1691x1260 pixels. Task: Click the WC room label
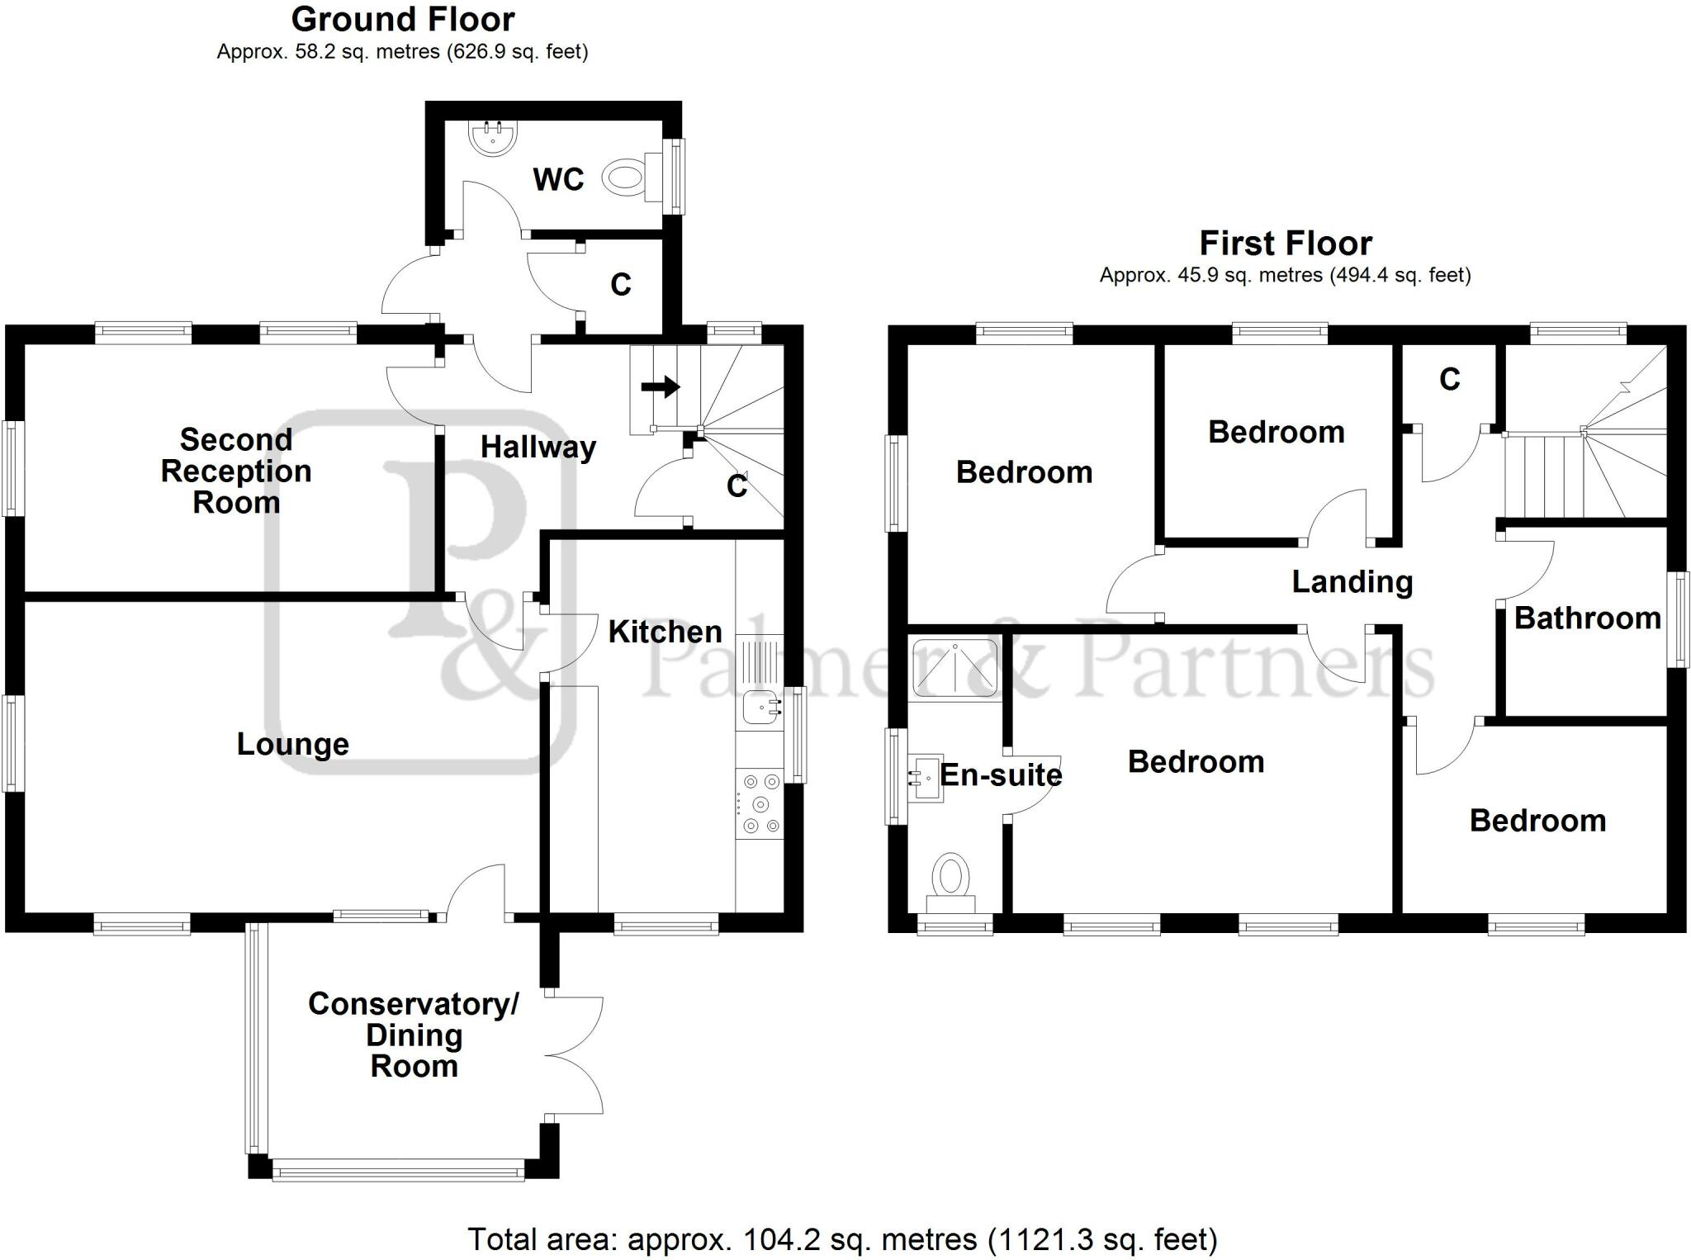(x=558, y=179)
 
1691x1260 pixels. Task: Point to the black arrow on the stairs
(x=661, y=386)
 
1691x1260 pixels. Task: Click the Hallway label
(x=538, y=448)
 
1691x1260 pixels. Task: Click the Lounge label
(x=293, y=744)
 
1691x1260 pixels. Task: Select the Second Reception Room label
(x=236, y=471)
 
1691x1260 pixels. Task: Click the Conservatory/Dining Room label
(x=414, y=1035)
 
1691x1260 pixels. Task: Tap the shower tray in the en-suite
(x=954, y=666)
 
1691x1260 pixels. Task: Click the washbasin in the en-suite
(x=926, y=778)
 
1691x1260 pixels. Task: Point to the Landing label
(x=1352, y=582)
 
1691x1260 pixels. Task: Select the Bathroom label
(x=1587, y=618)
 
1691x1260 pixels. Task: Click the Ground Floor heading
(x=403, y=19)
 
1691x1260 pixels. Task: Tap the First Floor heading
(x=1286, y=244)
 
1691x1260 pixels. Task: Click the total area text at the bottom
(x=842, y=1239)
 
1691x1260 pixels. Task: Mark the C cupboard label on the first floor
(x=1450, y=379)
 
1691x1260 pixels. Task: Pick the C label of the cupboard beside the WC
(x=621, y=285)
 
